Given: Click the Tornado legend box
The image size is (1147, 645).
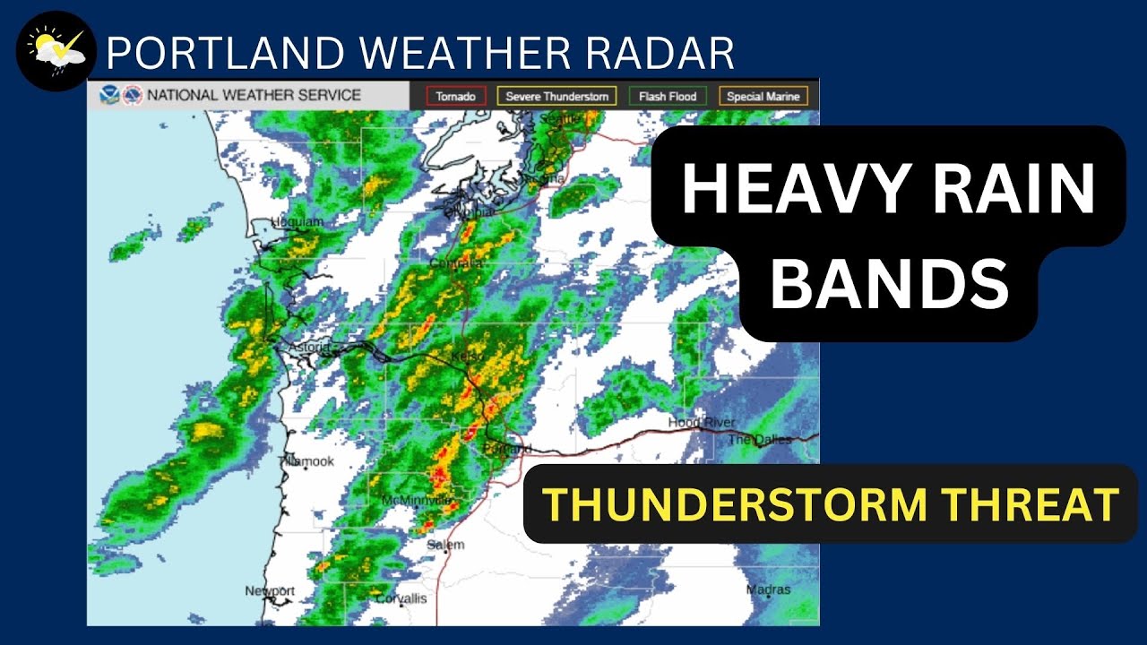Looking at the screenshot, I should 456,96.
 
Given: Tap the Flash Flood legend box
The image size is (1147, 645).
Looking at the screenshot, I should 668,96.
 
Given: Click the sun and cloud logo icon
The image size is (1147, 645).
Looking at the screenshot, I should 56,52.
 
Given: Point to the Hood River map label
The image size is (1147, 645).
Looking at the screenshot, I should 702,423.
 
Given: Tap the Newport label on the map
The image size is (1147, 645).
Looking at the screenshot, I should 270,591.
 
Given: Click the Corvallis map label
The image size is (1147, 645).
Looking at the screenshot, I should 401,598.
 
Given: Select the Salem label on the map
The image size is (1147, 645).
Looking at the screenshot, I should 445,545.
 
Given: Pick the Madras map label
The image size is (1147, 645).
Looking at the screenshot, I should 769,590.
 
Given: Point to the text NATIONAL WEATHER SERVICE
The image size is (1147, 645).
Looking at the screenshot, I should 254,95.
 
